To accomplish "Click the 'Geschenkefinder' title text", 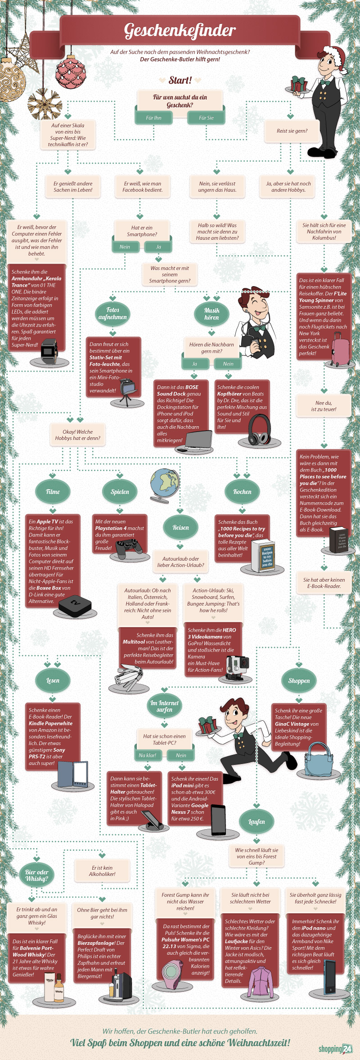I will tap(180, 30).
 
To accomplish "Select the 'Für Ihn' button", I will tap(153, 118).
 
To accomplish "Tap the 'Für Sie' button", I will tap(206, 118).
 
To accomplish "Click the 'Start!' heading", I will tap(180, 81).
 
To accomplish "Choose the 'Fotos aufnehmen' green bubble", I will tap(112, 314).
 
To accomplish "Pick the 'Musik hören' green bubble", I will tap(211, 314).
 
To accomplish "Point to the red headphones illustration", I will tap(260, 430).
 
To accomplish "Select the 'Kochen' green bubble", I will tap(242, 492).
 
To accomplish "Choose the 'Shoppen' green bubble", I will tap(299, 681).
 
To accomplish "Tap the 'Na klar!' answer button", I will tap(148, 755).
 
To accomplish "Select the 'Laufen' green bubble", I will tap(256, 822).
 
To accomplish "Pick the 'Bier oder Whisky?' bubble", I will tap(37, 875).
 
